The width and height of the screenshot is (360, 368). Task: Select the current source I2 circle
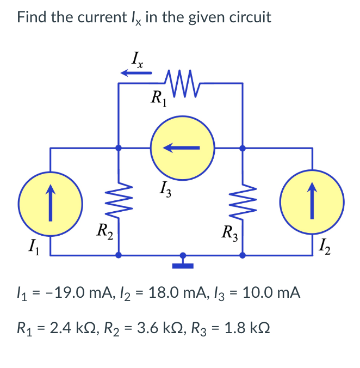(x=312, y=203)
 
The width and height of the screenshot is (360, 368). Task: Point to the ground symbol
(x=183, y=262)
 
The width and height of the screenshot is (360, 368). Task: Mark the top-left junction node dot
(x=120, y=148)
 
